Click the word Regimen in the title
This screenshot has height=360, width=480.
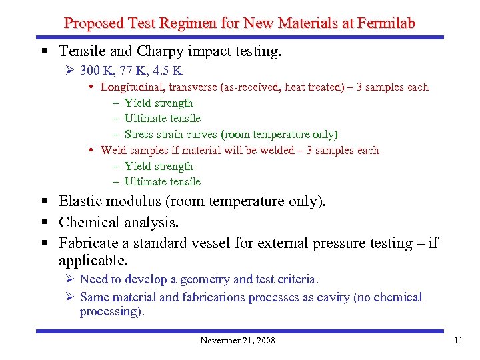(182, 23)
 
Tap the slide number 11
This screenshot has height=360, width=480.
(457, 341)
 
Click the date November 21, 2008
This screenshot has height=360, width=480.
(237, 341)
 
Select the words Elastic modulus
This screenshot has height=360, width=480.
(111, 201)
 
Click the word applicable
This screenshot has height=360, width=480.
(91, 260)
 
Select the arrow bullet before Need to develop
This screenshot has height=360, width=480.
(71, 279)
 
